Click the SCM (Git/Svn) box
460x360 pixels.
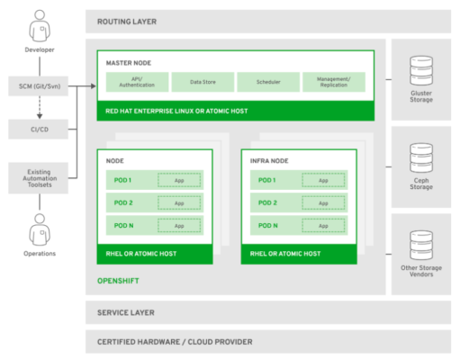39,87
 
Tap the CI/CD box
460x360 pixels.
39,130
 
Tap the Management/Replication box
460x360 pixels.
333,82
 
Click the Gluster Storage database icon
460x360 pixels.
419,71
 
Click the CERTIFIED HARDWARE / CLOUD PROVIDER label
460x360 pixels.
175,342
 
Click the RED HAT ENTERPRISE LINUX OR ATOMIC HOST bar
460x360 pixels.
235,111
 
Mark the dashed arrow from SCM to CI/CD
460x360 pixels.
39,109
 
